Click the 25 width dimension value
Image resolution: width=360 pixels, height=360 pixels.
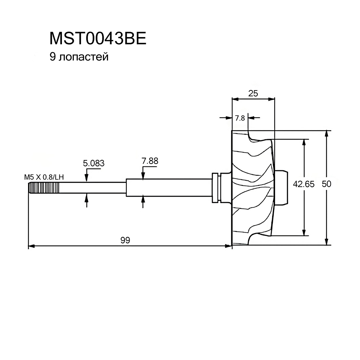click(253, 93)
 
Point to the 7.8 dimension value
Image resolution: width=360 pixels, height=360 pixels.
click(240, 118)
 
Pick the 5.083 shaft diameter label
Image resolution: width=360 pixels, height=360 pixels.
click(94, 163)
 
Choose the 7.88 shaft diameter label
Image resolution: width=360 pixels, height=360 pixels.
click(150, 161)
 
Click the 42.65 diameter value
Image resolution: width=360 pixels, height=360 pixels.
click(303, 184)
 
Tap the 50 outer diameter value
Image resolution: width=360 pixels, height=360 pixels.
click(326, 184)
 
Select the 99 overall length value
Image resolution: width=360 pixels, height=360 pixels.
click(125, 240)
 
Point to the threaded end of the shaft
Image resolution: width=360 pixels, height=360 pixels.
click(44, 188)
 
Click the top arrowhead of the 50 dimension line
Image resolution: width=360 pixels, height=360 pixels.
click(327, 133)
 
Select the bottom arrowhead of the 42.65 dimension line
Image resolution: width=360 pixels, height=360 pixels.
click(305, 232)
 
